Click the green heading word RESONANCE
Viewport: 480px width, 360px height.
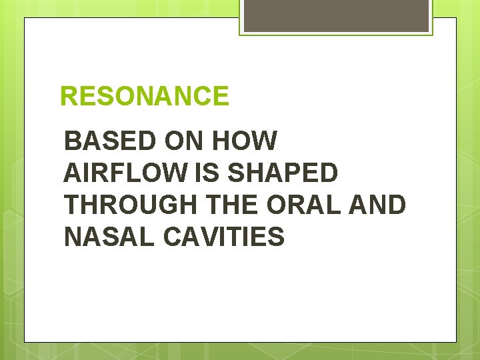click(x=144, y=97)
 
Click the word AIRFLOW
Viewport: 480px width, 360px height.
click(x=126, y=173)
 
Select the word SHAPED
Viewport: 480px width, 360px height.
click(x=282, y=173)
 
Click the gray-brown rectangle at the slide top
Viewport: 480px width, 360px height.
click(x=336, y=15)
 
